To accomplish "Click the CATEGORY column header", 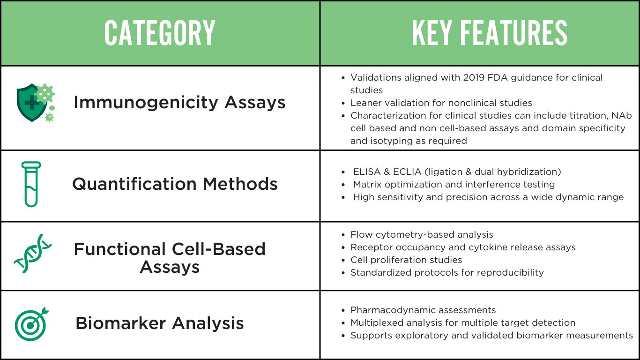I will (x=160, y=33).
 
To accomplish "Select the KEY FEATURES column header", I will (x=489, y=33).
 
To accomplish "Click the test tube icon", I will (x=31, y=184).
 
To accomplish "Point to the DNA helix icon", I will (x=32, y=253).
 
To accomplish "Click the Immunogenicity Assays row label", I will (x=179, y=103).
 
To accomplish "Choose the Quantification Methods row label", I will (x=175, y=184).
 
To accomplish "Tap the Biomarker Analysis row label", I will (x=160, y=323).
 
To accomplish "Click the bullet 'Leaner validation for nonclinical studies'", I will (x=441, y=103).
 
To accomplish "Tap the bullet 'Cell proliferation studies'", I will (x=406, y=260).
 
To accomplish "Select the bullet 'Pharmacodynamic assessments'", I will (x=423, y=310).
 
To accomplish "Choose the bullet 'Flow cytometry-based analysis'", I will (x=422, y=234).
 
